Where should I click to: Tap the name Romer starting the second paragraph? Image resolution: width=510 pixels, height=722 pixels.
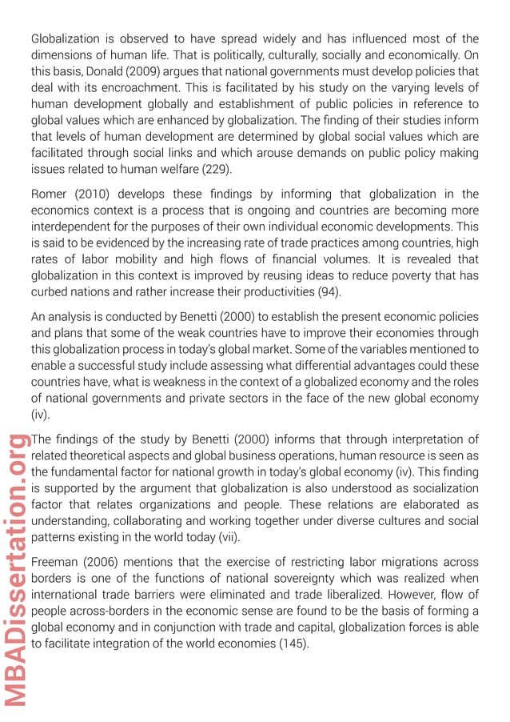pos(50,194)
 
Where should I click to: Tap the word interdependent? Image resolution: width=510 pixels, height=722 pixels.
pos(70,227)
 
